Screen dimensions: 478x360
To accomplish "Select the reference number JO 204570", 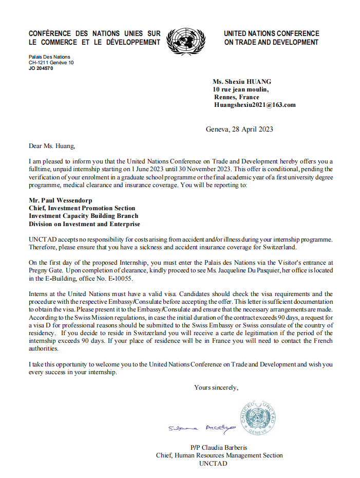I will click(41, 68).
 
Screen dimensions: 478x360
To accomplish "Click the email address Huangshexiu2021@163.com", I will click(255, 105).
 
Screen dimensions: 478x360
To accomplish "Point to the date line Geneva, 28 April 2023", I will click(239, 129).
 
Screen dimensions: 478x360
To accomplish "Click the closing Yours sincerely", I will click(216, 387).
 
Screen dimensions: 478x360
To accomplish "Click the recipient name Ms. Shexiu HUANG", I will click(242, 82).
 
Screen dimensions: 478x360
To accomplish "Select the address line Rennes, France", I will click(237, 97).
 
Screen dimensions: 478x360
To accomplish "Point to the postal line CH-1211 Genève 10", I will click(51, 62).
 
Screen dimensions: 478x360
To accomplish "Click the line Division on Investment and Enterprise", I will click(84, 224).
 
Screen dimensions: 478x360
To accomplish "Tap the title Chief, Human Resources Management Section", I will click(219, 455).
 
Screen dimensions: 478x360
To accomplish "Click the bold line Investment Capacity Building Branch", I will click(83, 216).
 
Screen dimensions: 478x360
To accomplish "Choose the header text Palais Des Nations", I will click(49, 57).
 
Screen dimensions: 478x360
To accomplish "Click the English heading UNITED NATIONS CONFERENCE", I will click(272, 33).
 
